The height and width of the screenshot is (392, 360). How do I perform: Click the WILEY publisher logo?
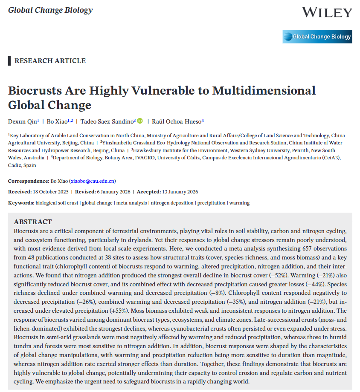coord(327,12)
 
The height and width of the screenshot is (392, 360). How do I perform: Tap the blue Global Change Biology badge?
coord(317,37)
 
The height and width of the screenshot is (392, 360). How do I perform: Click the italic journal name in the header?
coord(50,10)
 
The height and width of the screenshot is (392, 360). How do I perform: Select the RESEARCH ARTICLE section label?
coord(50,61)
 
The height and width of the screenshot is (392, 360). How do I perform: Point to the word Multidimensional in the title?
coord(264,91)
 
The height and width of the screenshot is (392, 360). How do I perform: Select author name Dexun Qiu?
coord(23,121)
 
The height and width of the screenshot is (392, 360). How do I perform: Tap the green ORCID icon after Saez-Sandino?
coord(140,121)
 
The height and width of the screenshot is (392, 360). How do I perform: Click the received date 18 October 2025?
coord(48,192)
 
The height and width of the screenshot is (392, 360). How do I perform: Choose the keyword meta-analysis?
coord(131,203)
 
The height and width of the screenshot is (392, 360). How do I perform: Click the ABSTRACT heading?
coord(33,222)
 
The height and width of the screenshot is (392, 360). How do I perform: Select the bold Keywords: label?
coord(21,203)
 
